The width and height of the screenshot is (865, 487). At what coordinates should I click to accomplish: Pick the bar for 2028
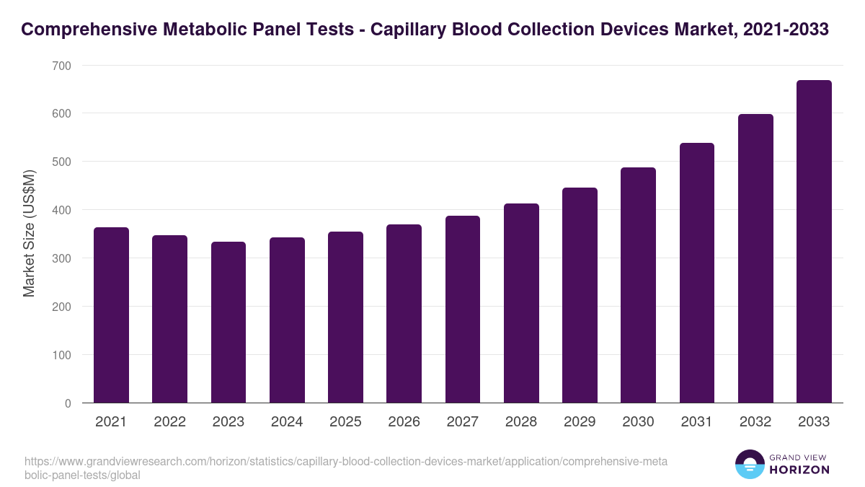pos(521,303)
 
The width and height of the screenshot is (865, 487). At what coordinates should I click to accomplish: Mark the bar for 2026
pos(404,314)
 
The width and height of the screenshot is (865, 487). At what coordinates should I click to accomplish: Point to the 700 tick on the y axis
pos(62,66)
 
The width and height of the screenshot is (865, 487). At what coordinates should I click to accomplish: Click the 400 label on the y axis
pos(62,210)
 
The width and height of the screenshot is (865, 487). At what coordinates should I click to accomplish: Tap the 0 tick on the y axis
pos(68,403)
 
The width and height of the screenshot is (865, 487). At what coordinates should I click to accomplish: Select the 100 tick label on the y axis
pos(62,355)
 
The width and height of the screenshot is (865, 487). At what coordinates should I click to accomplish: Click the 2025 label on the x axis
pos(345,422)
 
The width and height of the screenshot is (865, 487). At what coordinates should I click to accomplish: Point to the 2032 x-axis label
pos(755,422)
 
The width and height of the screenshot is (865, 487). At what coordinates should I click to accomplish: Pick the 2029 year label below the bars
pos(580,422)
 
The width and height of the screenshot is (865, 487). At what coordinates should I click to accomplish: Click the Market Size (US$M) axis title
pos(29,234)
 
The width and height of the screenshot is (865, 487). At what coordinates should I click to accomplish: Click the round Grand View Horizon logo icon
pos(750,464)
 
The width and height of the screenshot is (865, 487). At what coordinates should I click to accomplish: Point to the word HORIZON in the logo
pos(799,470)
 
